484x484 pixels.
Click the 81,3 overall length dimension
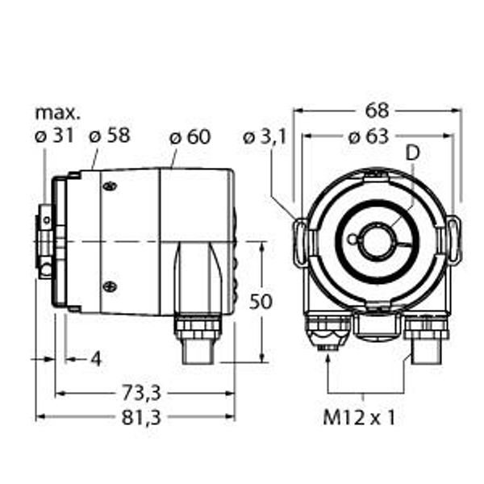[x=141, y=418]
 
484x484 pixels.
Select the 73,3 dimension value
[x=141, y=394]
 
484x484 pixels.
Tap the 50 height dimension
[x=261, y=301]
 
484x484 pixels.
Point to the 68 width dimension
[x=377, y=111]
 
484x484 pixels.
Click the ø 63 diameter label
[x=368, y=137]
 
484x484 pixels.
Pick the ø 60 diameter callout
[x=190, y=137]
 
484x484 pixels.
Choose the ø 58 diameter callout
[x=110, y=136]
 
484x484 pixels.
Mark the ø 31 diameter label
[x=54, y=136]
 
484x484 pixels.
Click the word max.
[x=58, y=113]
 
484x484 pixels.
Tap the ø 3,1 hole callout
[x=265, y=137]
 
